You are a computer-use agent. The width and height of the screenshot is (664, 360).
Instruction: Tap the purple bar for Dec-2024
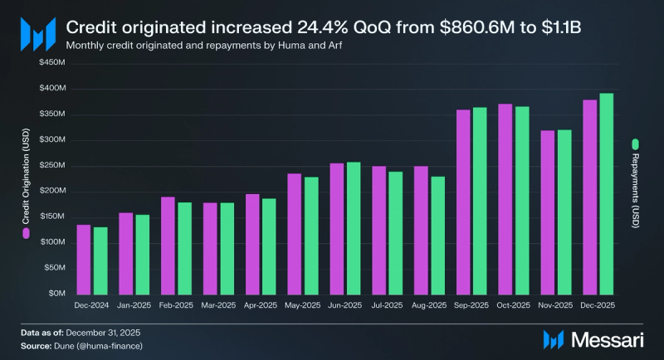(84, 259)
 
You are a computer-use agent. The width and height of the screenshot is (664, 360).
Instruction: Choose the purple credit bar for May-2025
(294, 233)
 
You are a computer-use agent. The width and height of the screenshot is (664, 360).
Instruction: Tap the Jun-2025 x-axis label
(344, 306)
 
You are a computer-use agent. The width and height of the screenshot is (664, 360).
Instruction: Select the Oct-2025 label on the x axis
(513, 306)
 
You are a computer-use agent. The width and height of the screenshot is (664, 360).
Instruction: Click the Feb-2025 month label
(176, 306)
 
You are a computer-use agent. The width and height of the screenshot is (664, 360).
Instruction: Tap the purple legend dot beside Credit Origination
(27, 236)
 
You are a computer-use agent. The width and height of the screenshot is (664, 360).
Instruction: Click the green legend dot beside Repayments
(636, 142)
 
